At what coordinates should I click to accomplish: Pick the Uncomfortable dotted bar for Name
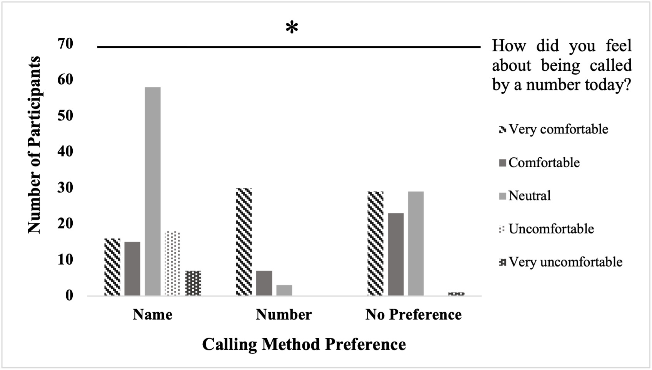[172, 263]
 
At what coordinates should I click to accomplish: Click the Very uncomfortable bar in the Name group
[193, 283]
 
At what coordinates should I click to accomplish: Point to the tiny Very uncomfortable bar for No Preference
[456, 293]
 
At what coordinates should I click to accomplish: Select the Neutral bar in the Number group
[284, 290]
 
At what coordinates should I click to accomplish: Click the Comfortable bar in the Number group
[264, 283]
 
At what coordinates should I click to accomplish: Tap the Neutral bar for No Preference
[416, 243]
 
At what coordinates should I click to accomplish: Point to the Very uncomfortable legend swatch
[502, 262]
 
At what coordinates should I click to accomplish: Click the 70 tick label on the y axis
[65, 43]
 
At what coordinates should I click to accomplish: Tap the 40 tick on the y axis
[65, 151]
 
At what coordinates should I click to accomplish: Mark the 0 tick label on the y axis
[69, 295]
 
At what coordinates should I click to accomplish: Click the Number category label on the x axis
[284, 315]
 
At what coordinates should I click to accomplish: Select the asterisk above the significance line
[292, 28]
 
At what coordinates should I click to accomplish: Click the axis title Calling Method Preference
[304, 344]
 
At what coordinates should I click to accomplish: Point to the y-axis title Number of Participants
[34, 145]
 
